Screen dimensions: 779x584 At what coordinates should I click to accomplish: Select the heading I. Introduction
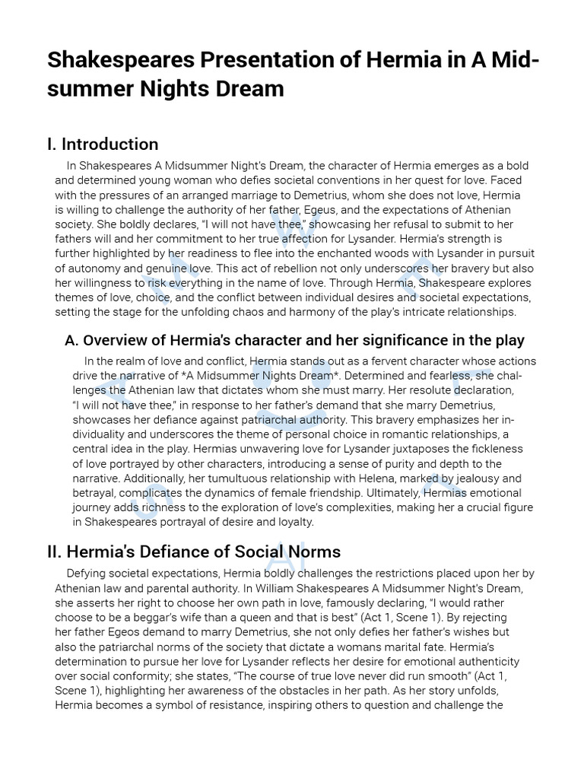(x=103, y=144)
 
